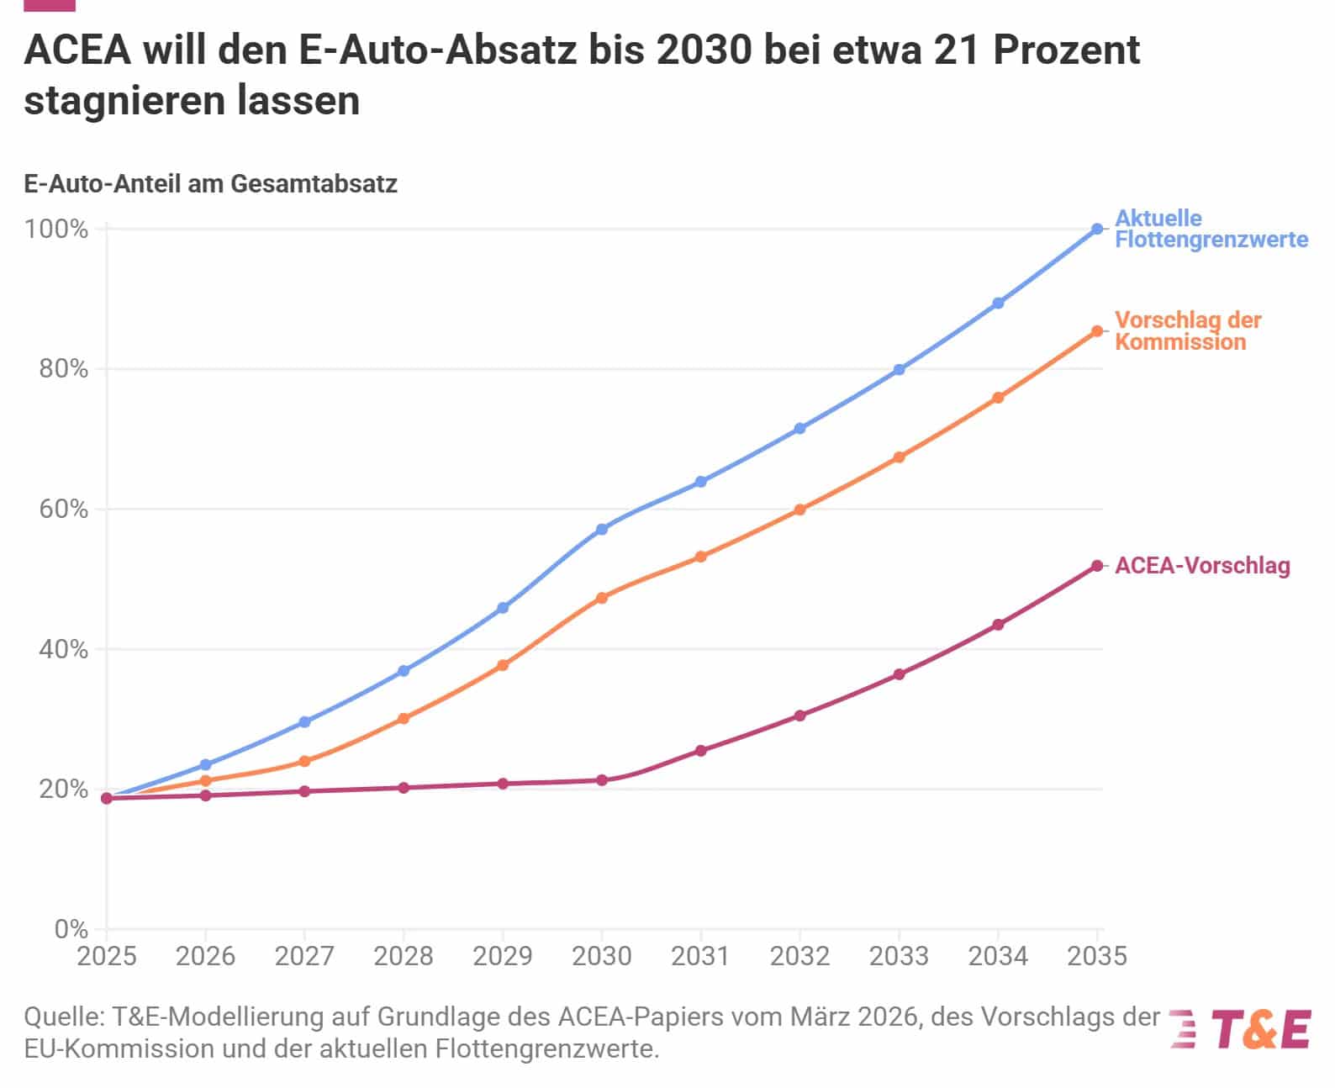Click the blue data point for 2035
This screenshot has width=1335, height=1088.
pyautogui.click(x=1097, y=229)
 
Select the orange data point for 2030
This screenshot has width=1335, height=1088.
pyautogui.click(x=602, y=598)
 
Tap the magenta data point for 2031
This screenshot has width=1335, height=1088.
pyautogui.click(x=701, y=750)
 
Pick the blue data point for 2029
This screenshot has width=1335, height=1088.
pyautogui.click(x=503, y=607)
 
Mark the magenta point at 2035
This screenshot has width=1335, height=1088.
pyautogui.click(x=1097, y=566)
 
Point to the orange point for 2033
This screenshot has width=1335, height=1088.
pyautogui.click(x=899, y=457)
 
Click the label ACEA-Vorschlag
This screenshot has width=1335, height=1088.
pyautogui.click(x=1202, y=566)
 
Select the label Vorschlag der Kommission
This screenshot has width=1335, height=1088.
pyautogui.click(x=1188, y=330)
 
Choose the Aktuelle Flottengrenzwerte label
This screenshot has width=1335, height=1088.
pyautogui.click(x=1211, y=229)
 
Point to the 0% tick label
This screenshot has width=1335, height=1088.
pyautogui.click(x=71, y=929)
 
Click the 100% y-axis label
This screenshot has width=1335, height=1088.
pyautogui.click(x=57, y=229)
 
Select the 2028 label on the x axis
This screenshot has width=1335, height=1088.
pyautogui.click(x=404, y=956)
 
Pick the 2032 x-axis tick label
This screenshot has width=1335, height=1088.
pyautogui.click(x=800, y=956)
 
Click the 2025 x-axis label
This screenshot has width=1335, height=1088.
pyautogui.click(x=107, y=956)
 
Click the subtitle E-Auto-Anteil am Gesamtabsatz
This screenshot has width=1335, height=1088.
pyautogui.click(x=210, y=183)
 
